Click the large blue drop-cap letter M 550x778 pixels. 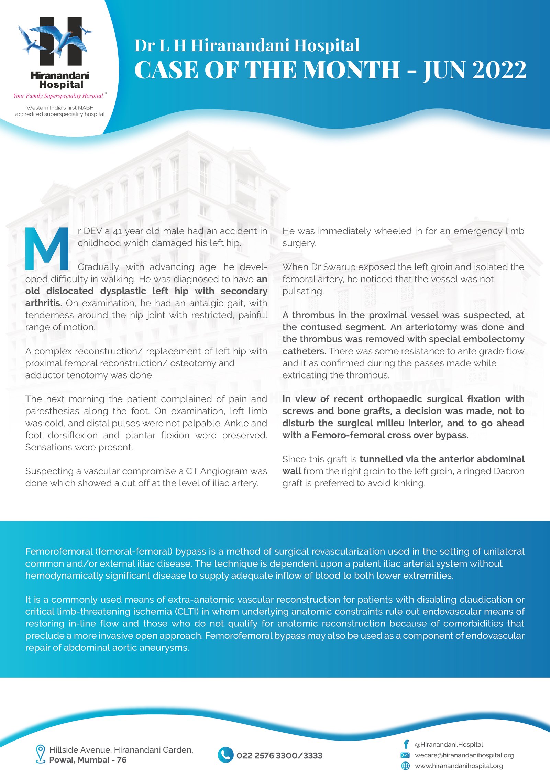[47, 249]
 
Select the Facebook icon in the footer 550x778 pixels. [406, 744]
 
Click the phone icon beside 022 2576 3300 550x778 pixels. [225, 755]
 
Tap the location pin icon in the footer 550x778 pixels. [41, 754]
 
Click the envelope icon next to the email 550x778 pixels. [405, 755]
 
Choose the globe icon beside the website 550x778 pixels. [406, 766]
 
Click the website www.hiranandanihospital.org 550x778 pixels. [459, 766]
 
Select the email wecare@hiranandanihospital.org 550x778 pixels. [464, 755]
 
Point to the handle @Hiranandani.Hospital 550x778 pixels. [449, 744]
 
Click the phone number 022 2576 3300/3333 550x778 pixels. [279, 755]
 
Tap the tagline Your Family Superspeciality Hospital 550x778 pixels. [58, 96]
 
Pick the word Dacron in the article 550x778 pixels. [508, 471]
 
